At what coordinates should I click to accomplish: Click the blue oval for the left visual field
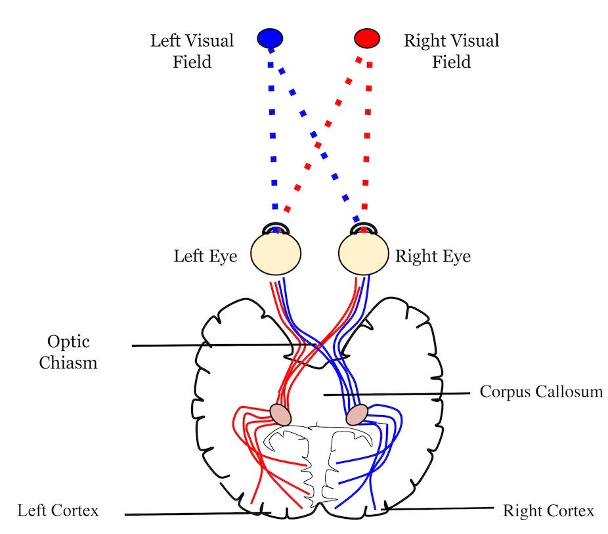(x=270, y=39)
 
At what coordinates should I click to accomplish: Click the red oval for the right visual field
(x=367, y=39)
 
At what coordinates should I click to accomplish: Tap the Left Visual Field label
(x=192, y=51)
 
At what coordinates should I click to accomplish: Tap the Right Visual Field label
(x=450, y=51)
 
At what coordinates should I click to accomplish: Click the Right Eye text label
(x=433, y=256)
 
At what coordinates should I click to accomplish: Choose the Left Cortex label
(x=58, y=510)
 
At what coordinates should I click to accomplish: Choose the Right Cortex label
(x=548, y=510)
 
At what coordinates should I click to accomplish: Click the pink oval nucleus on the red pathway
(x=280, y=414)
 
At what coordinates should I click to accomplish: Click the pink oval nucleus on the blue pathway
(x=357, y=414)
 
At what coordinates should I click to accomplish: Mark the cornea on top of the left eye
(x=276, y=228)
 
